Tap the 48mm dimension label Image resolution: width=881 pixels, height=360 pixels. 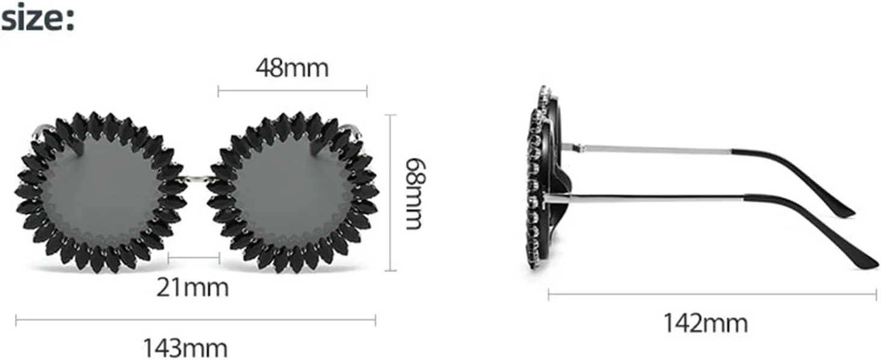coord(292,68)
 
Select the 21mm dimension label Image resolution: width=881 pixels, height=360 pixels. coord(193,288)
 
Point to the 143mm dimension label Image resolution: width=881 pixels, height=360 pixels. coord(185,348)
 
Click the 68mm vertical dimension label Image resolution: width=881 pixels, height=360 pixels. coord(415,194)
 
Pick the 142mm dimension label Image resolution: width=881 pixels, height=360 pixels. coord(706,323)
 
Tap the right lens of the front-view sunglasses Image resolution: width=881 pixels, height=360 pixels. coord(292,191)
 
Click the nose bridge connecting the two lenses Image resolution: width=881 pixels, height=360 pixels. coord(196,179)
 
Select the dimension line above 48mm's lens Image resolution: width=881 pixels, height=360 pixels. coord(292,92)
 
